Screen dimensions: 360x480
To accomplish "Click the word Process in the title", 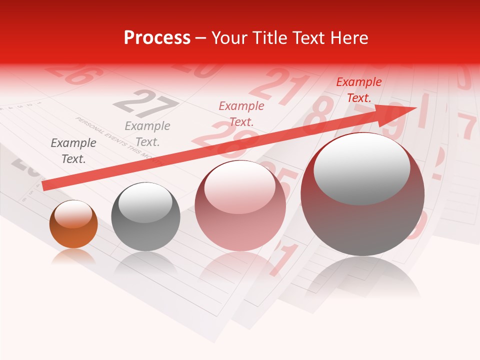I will point(157,38).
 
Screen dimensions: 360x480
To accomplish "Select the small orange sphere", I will point(73,224).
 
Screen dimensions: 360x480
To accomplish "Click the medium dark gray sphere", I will point(145,217).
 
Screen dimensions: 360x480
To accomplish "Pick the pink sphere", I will point(240,205).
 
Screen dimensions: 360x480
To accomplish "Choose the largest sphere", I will point(362,194).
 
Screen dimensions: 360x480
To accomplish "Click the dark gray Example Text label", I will point(73,151).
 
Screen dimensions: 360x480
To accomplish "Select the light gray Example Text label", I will point(147,134).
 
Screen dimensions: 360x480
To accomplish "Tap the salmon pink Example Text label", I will point(241,113).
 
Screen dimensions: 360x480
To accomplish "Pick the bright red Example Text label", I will point(359,90).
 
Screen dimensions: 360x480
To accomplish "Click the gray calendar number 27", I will point(145,103).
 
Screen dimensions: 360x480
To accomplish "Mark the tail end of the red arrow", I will point(46,185).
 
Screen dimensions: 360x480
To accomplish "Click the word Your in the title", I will point(230,38).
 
